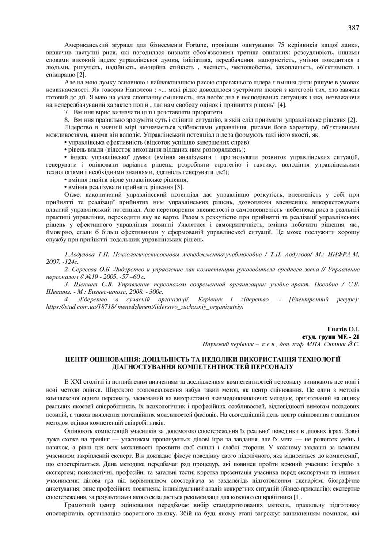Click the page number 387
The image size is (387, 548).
pos(353,28)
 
